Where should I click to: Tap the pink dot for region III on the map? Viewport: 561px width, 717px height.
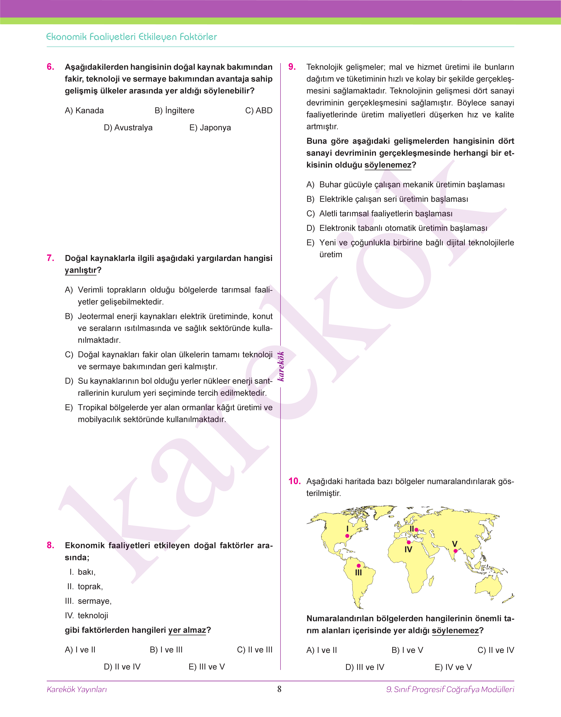359,566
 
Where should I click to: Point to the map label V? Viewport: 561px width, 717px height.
455,544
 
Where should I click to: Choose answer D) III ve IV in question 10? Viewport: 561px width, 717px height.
365,667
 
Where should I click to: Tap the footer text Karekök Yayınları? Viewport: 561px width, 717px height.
77,689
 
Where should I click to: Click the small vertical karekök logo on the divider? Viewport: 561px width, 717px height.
281,366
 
